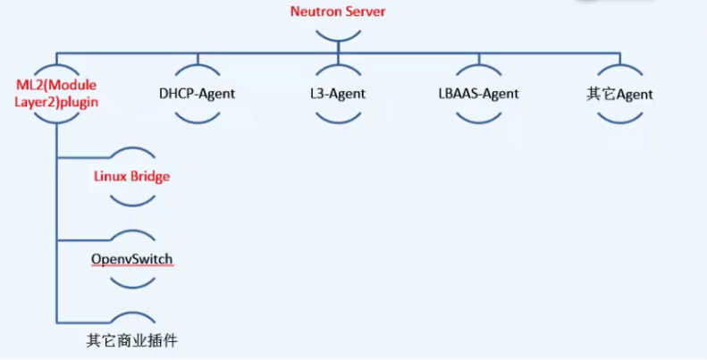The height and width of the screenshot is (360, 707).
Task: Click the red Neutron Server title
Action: [338, 12]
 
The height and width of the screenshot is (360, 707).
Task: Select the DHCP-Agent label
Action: [197, 94]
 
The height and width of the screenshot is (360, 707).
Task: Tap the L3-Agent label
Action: [338, 94]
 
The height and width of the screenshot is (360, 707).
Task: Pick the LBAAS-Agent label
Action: [479, 94]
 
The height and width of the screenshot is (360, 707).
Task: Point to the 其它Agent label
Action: [619, 94]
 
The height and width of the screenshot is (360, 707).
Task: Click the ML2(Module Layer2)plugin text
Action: [56, 93]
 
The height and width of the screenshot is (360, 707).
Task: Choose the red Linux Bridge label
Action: [132, 176]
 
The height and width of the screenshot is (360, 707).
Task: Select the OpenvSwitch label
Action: [132, 260]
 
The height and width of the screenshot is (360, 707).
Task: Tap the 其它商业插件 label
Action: [132, 340]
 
